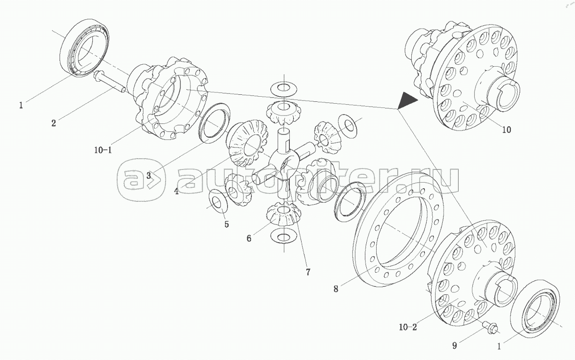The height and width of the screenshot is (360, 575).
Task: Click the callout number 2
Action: click(x=54, y=123)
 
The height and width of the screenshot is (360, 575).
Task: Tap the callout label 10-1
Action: click(x=103, y=150)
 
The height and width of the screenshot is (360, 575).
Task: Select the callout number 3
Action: click(x=148, y=176)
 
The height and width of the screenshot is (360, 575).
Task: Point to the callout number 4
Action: click(x=177, y=191)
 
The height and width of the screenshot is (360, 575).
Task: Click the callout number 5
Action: click(x=227, y=224)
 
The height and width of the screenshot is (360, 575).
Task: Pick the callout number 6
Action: click(x=249, y=238)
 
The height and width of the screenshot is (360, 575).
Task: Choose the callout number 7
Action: click(x=308, y=272)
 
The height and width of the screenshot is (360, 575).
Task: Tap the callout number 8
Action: click(x=336, y=289)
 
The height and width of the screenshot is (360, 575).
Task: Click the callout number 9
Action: click(x=454, y=346)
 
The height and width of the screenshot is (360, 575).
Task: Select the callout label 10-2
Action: click(x=408, y=327)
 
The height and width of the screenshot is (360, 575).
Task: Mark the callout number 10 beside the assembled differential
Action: click(x=506, y=130)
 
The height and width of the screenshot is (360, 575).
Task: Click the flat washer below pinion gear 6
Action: click(x=283, y=237)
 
